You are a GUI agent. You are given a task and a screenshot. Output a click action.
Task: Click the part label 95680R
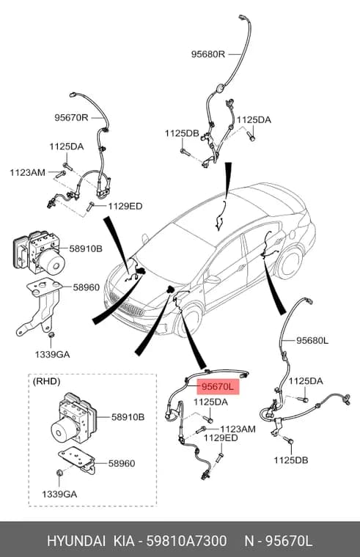208,54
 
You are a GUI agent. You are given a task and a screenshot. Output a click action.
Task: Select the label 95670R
71,117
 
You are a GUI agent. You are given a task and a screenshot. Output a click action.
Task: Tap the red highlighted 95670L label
218,387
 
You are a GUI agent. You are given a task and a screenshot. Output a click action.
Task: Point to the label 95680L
312,341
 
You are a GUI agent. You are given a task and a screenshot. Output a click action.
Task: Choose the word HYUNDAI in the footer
76,541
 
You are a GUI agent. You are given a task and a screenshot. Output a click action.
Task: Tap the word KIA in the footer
124,541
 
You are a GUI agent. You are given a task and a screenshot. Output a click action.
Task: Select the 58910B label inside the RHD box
128,417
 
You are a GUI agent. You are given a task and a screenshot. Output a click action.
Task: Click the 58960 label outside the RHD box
87,287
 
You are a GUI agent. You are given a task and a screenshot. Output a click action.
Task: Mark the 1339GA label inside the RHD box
59,494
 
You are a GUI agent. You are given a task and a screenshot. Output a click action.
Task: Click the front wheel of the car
189,320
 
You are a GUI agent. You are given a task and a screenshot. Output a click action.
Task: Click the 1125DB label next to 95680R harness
182,133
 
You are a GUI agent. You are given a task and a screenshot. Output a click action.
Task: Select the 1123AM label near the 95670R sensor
27,173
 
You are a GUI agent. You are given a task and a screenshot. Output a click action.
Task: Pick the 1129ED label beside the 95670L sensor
221,438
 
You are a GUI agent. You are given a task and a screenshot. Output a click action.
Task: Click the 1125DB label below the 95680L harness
290,460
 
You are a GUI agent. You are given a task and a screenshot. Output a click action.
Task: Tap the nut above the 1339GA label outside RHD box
51,335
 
